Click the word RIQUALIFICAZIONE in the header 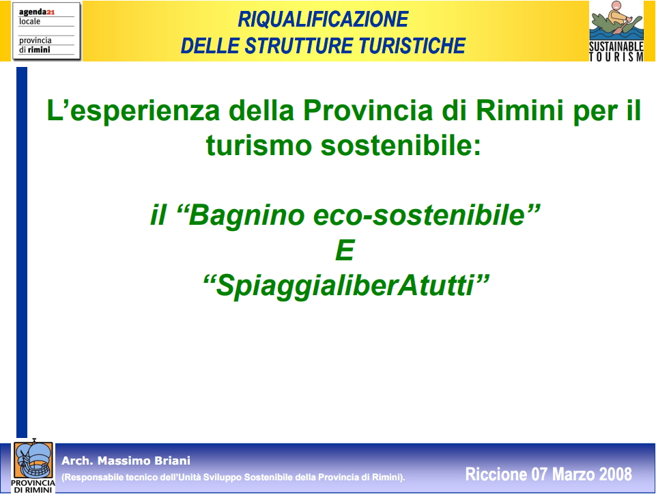coord(323,19)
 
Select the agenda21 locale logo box coord(46,31)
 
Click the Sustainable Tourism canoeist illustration coord(616,20)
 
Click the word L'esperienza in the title coord(133,111)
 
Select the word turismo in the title coord(259,146)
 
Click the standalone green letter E coord(345,250)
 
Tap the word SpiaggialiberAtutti coord(345,286)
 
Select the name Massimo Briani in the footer coord(144,461)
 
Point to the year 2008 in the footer coord(616,474)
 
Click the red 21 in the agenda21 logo coord(51,12)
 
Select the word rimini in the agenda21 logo coord(39,50)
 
